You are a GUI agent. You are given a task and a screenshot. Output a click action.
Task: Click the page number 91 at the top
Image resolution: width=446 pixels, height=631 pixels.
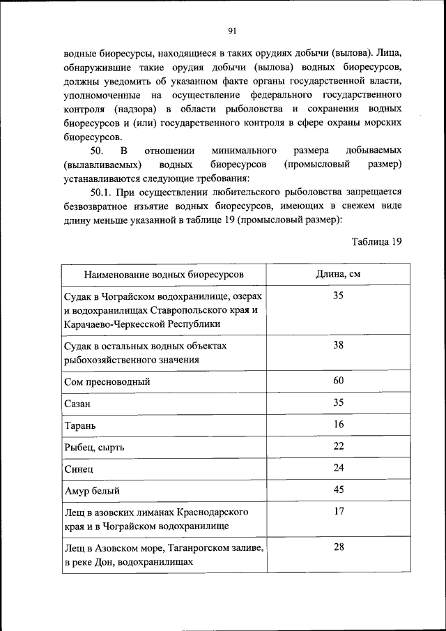click(232, 30)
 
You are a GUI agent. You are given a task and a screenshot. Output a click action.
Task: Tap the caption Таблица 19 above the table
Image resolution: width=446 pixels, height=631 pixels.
click(377, 242)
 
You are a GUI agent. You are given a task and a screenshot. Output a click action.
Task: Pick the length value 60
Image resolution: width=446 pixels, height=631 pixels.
click(339, 381)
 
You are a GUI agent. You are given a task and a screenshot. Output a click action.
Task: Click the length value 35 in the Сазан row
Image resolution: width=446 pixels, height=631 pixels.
click(339, 402)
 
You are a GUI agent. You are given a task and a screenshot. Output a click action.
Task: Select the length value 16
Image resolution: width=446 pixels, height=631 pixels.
click(339, 424)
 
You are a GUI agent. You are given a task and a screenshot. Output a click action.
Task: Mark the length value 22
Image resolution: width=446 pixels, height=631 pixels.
click(339, 446)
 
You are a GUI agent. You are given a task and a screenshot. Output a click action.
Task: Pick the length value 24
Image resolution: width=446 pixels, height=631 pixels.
click(339, 467)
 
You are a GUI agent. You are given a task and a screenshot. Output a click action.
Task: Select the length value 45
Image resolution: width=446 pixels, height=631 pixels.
click(339, 489)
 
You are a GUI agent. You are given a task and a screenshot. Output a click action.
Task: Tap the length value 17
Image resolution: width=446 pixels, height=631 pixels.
click(339, 511)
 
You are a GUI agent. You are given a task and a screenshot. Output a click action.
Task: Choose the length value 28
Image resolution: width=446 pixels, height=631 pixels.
click(339, 547)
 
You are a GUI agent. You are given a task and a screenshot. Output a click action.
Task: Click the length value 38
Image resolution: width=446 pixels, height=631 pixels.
click(339, 344)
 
